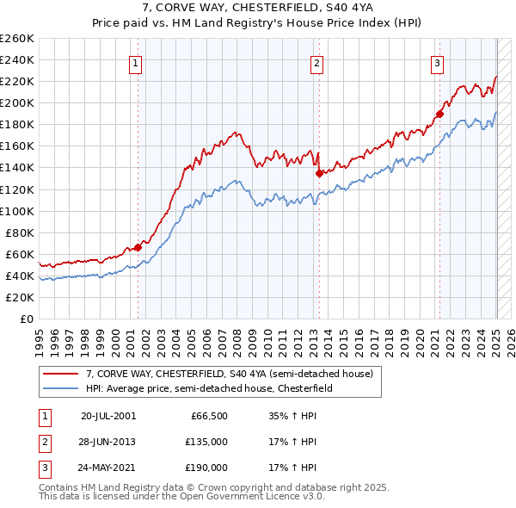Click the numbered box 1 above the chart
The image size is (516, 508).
[x=136, y=62]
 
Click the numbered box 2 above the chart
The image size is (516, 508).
[x=316, y=62]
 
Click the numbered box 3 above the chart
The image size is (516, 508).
[x=437, y=62]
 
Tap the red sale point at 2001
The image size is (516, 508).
[x=138, y=247]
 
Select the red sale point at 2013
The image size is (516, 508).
[x=319, y=172]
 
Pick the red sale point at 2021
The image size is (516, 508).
[x=439, y=113]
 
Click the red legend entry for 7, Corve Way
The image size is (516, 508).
[x=229, y=375]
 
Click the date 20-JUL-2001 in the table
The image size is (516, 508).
[x=108, y=415]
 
